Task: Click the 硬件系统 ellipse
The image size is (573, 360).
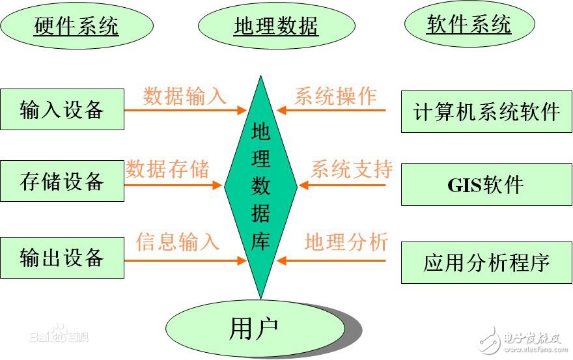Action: point(77,27)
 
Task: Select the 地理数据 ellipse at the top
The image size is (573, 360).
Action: point(275,27)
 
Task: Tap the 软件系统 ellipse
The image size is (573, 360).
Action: point(469,25)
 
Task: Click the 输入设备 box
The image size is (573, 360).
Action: point(62,109)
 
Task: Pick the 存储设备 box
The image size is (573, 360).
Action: point(62,180)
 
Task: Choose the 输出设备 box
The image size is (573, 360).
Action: point(62,258)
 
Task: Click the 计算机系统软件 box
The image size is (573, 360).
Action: point(486,111)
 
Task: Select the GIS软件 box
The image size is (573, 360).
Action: point(486,184)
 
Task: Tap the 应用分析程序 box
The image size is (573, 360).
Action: point(486,262)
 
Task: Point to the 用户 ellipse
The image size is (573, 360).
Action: point(254,329)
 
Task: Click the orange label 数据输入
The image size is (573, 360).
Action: point(185,96)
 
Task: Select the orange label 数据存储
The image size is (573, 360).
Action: point(168,169)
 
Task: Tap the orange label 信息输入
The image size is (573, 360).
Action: point(178,242)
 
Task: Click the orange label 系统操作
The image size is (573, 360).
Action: point(335,96)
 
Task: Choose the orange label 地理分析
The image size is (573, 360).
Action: point(346,242)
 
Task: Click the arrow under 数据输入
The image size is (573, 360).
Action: point(186,110)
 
